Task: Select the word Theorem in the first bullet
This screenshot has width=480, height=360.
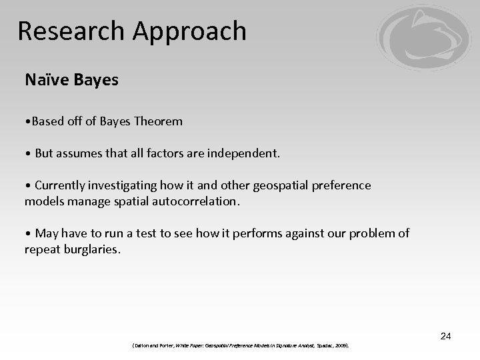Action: pyautogui.click(x=158, y=121)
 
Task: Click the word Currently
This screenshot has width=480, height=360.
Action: pyautogui.click(x=61, y=185)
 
